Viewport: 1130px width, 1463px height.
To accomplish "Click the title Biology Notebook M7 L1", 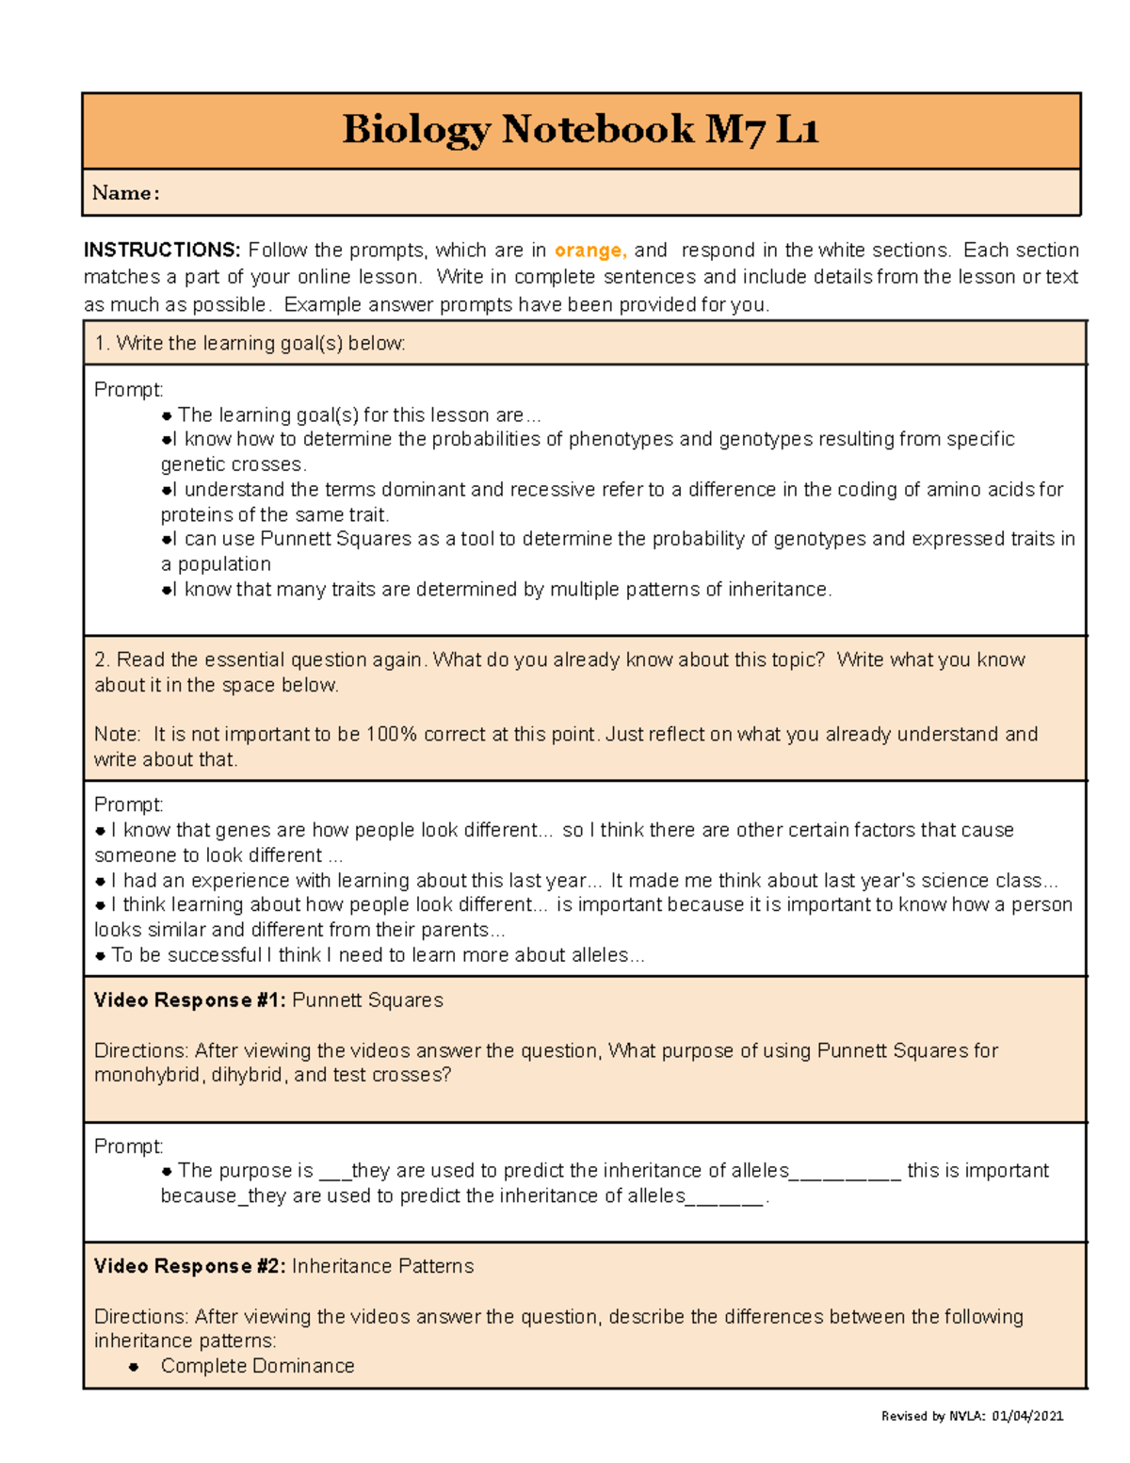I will [580, 129].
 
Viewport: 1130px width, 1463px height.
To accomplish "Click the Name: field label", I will [125, 193].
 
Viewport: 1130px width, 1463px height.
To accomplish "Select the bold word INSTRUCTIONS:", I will [162, 250].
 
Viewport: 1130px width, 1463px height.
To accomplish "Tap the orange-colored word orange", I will [589, 250].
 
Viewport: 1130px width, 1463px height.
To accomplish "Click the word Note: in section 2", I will [118, 734].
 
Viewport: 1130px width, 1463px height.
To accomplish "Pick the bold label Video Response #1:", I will [189, 1000].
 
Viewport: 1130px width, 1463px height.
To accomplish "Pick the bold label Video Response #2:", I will [189, 1266].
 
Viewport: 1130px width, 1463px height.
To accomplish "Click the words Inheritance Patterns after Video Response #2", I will [382, 1266].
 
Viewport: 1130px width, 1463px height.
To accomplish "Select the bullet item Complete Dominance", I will [257, 1366].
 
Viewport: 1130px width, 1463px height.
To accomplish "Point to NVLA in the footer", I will [966, 1416].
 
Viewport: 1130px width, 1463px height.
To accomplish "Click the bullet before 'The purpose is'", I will [167, 1171].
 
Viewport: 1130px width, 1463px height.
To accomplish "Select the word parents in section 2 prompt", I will [456, 930].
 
